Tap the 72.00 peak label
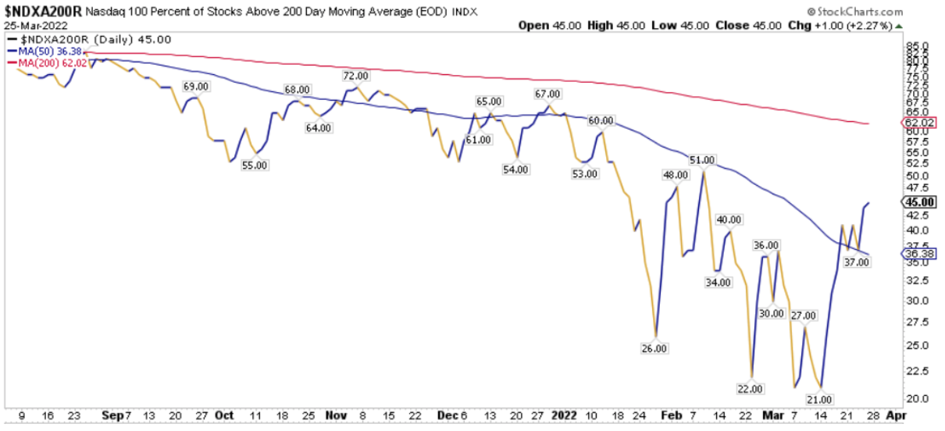click(x=355, y=76)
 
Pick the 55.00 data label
click(x=255, y=166)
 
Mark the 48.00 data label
click(x=675, y=176)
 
